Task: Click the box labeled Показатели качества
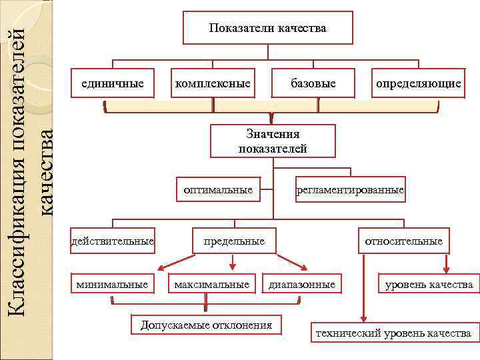coord(267,28)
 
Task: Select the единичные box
coord(113,83)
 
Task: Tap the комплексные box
coord(213,83)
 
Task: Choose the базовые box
coord(313,83)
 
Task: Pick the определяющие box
coord(418,83)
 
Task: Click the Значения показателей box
coord(273,141)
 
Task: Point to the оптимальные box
coord(218,190)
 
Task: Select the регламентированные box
coord(351,190)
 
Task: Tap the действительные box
coord(113,240)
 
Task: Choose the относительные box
coord(403,240)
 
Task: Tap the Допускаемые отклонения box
coord(206,325)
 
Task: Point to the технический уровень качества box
coord(393,333)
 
